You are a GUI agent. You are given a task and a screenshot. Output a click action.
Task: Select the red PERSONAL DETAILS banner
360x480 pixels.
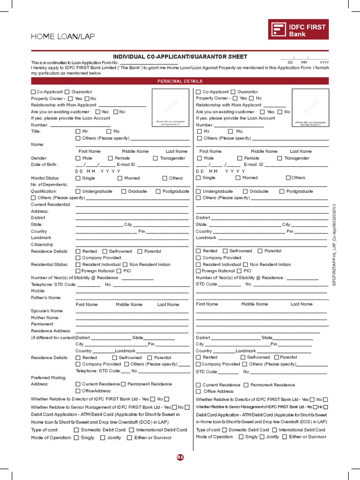click(180, 81)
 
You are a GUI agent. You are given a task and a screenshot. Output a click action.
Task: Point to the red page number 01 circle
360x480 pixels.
click(180, 457)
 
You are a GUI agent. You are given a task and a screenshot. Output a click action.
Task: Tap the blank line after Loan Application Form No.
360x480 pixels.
click(150, 62)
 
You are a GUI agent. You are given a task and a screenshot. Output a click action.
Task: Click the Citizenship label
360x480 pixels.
click(42, 245)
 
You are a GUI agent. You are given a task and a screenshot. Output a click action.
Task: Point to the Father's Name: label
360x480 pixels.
click(46, 298)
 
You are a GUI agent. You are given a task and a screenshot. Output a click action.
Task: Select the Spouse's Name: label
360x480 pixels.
click(47, 311)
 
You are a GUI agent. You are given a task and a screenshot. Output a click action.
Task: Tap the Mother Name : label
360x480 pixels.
click(45, 317)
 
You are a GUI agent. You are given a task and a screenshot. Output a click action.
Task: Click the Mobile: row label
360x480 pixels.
click(38, 291)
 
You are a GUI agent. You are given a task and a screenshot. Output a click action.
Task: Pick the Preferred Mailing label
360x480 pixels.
click(48, 377)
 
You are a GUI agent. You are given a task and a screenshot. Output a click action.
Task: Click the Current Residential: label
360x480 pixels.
click(51, 204)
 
